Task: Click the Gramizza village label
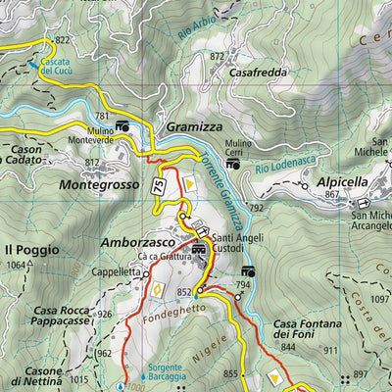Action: pyautogui.click(x=194, y=127)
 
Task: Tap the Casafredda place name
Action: pyautogui.click(x=257, y=72)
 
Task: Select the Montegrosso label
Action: pyautogui.click(x=100, y=183)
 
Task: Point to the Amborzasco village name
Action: pyautogui.click(x=139, y=240)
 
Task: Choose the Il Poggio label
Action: pyautogui.click(x=28, y=248)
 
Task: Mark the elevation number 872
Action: pyautogui.click(x=218, y=57)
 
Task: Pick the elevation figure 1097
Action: pyautogui.click(x=381, y=298)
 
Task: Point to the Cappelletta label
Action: pyautogui.click(x=119, y=272)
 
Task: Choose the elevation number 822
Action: pyautogui.click(x=64, y=39)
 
